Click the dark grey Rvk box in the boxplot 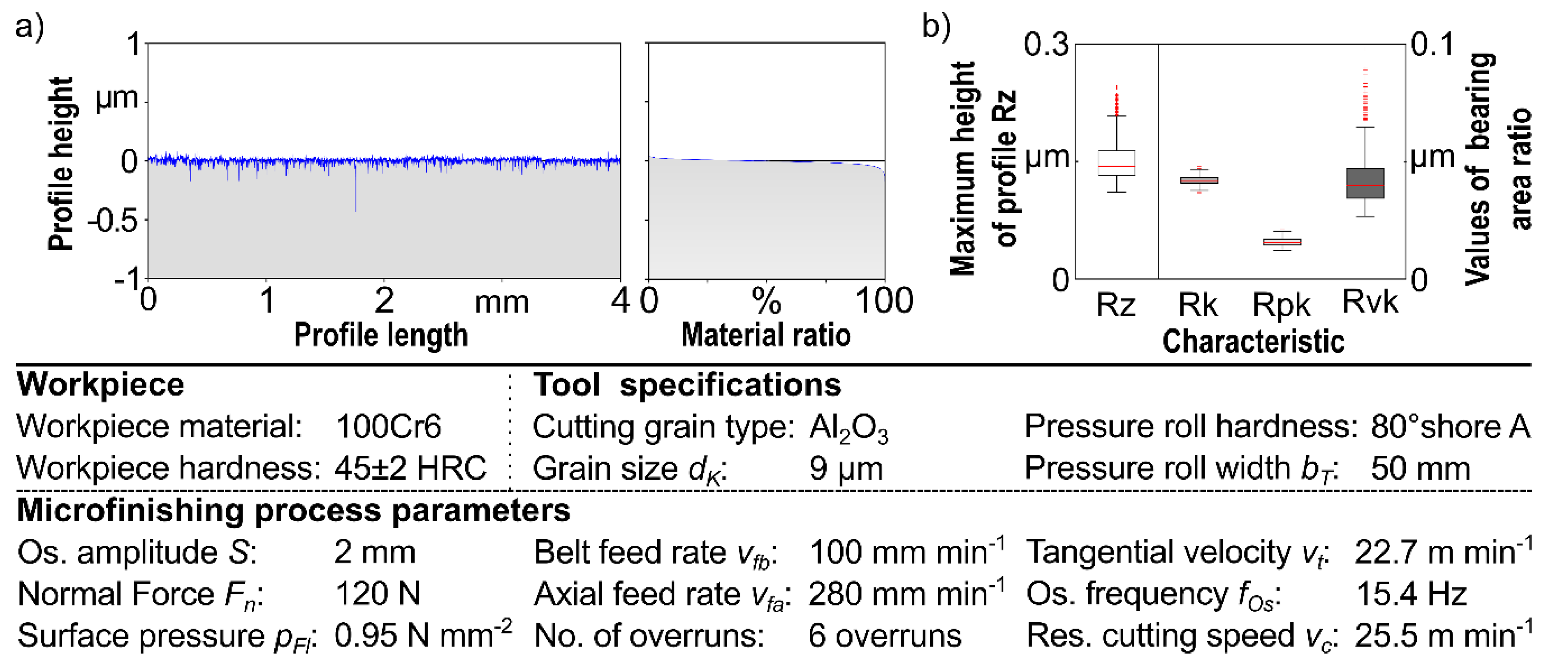(1365, 183)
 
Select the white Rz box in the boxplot (1117, 163)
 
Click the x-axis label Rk (1198, 305)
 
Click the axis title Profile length (380, 335)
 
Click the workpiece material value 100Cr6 (388, 427)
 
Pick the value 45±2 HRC (410, 468)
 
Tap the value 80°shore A (1450, 427)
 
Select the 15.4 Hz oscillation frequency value (1411, 594)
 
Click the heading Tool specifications (687, 385)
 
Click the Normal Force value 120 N (378, 594)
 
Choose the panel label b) (936, 27)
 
